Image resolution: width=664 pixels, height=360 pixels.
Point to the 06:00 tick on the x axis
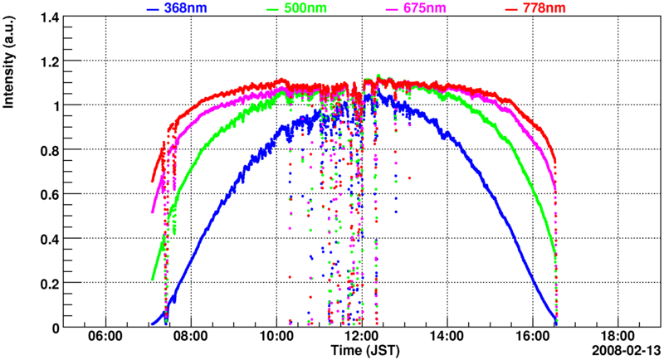click(x=105, y=338)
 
